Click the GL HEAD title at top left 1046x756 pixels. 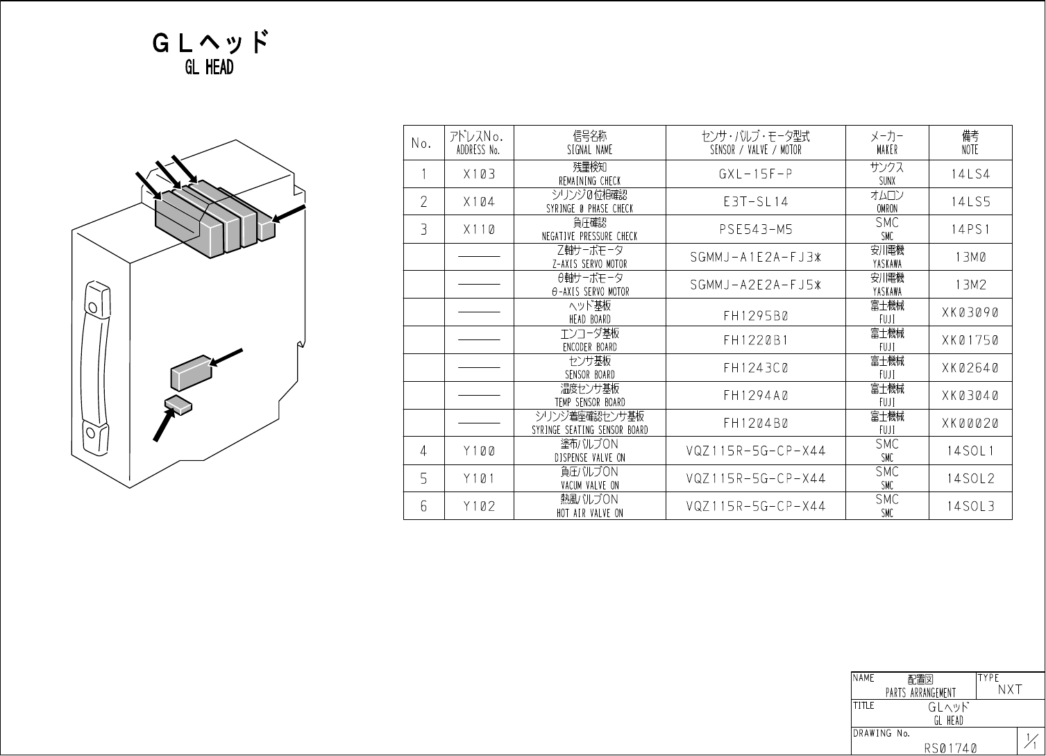(x=209, y=53)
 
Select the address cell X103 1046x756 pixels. (x=479, y=174)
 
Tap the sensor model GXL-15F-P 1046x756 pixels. (x=755, y=174)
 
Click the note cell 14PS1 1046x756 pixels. (x=970, y=230)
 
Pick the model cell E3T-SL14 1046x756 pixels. (x=755, y=202)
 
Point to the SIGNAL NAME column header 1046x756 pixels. (x=589, y=143)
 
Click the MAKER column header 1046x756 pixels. (x=887, y=143)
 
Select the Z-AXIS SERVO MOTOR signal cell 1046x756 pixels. (x=589, y=257)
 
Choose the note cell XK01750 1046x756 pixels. (x=970, y=340)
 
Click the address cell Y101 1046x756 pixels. (x=479, y=479)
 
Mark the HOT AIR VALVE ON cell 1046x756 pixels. (x=589, y=506)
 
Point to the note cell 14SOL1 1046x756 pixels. (x=970, y=451)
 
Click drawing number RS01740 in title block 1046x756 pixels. (x=950, y=748)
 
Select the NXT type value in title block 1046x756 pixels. (x=1009, y=689)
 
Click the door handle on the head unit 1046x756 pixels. (x=96, y=368)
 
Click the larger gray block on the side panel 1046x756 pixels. (x=191, y=373)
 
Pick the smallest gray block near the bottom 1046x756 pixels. (x=178, y=405)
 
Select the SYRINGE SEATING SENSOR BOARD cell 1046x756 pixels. (x=589, y=423)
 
